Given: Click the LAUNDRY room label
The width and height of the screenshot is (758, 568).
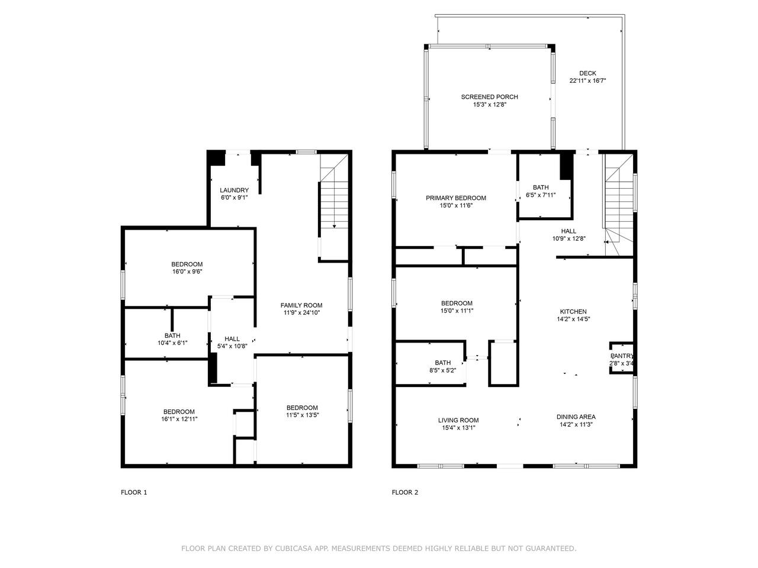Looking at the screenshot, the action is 234,190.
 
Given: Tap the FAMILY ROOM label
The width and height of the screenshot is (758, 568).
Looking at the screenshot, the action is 301,305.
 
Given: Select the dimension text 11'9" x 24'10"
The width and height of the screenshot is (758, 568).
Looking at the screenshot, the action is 301,313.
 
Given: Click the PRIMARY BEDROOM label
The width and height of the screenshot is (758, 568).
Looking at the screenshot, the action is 456,198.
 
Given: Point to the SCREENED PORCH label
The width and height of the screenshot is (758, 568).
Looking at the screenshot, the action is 489,97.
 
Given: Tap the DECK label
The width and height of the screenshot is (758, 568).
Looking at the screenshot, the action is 587,73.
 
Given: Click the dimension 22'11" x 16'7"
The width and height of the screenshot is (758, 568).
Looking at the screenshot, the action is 587,80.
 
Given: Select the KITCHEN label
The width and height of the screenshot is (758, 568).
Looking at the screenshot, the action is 573,311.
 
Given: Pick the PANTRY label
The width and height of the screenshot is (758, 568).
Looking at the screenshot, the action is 622,356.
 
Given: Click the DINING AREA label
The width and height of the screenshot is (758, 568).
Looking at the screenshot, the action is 576,417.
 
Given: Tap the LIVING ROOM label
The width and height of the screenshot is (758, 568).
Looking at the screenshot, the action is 458,420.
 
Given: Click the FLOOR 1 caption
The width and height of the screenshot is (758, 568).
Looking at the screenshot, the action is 134,492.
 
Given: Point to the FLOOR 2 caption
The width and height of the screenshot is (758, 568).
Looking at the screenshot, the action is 404,492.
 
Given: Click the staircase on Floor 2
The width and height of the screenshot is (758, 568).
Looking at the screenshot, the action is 618,205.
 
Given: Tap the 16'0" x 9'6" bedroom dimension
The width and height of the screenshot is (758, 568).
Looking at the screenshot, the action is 187,272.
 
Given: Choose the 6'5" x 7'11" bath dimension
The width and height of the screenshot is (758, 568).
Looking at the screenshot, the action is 541,195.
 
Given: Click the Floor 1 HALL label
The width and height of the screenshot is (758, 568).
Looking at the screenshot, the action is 232,338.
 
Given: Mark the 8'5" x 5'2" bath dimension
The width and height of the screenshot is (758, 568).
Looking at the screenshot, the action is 443,370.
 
